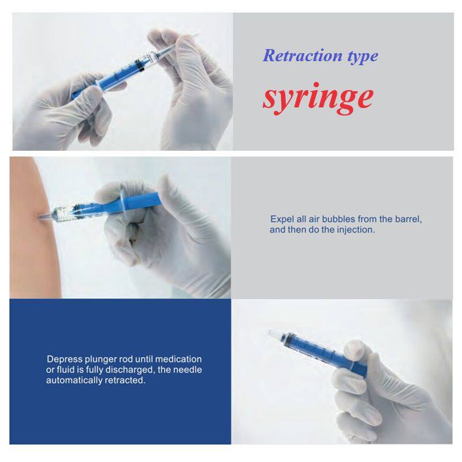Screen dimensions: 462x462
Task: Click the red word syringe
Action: (x=318, y=98)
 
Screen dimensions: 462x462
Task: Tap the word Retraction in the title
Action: (x=303, y=55)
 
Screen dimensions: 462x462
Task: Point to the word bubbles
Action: (x=339, y=219)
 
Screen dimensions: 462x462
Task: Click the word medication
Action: (x=178, y=359)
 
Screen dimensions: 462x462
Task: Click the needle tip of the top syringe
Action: (x=197, y=35)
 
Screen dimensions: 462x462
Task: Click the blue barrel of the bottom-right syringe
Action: (x=318, y=350)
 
